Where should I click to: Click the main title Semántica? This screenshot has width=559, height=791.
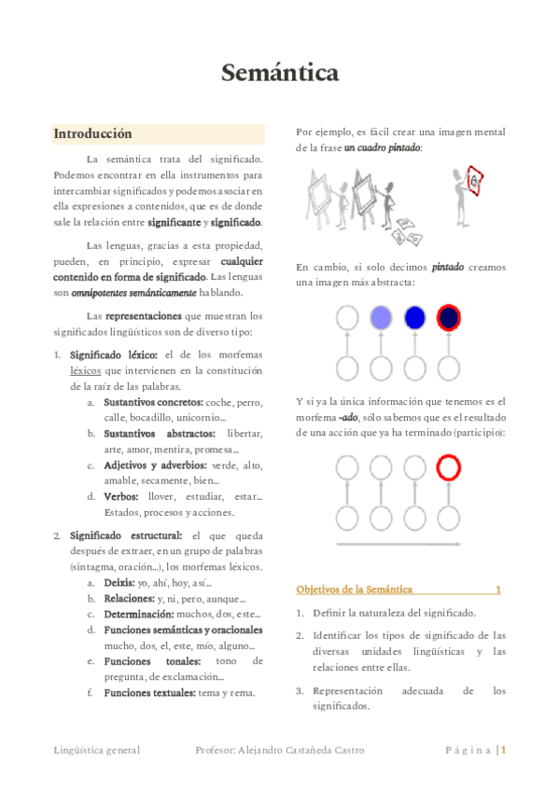(279, 73)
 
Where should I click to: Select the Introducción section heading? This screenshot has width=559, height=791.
(92, 133)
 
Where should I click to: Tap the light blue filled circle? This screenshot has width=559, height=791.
(380, 318)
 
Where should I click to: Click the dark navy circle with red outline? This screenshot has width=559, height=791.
(449, 318)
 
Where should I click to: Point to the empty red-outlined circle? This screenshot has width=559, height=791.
(449, 466)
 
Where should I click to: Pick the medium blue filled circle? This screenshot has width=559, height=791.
(414, 318)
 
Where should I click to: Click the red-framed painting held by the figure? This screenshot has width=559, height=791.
(473, 180)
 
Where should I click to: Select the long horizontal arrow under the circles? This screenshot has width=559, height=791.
(398, 545)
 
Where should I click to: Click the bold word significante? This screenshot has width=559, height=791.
(175, 222)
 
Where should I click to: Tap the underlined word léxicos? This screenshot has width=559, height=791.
(85, 370)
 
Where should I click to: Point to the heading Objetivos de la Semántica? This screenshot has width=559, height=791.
(355, 590)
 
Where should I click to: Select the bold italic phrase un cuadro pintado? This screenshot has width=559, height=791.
(382, 148)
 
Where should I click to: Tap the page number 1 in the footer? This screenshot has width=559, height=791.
(503, 749)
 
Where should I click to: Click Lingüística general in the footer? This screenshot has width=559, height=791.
(96, 750)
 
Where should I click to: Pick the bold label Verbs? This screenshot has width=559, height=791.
(122, 496)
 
